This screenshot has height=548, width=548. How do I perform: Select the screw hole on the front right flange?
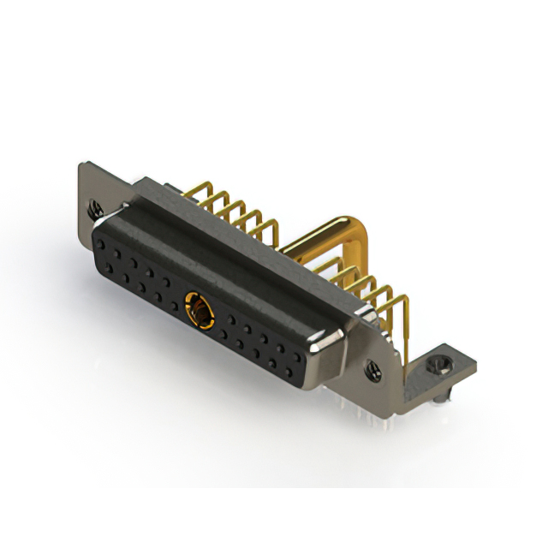(374, 370)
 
